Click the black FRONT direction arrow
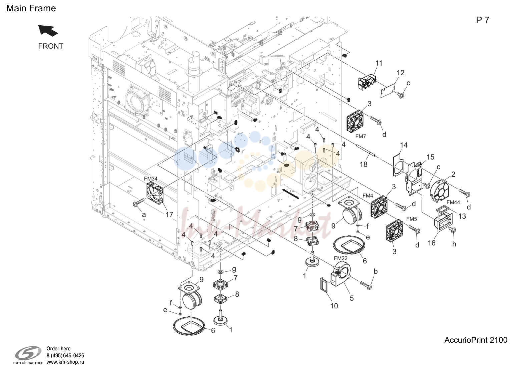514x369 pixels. click(48, 31)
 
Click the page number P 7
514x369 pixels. click(483, 20)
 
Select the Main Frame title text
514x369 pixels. click(31, 8)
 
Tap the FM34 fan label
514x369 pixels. click(151, 179)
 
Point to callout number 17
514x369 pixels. click(169, 214)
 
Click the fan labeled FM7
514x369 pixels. click(355, 121)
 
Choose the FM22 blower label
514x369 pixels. click(341, 258)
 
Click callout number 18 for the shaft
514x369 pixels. click(364, 164)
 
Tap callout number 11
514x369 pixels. click(379, 63)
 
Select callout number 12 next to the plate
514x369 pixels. click(400, 73)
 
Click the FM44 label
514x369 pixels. click(453, 202)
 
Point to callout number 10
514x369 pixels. click(334, 306)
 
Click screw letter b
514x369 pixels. click(376, 271)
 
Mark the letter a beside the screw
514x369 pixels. click(144, 214)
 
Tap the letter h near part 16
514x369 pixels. click(454, 244)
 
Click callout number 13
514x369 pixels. click(462, 216)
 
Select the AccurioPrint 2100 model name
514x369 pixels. click(476, 340)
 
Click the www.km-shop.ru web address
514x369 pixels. click(65, 362)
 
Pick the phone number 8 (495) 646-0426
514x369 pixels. click(65, 355)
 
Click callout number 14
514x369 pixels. click(404, 145)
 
